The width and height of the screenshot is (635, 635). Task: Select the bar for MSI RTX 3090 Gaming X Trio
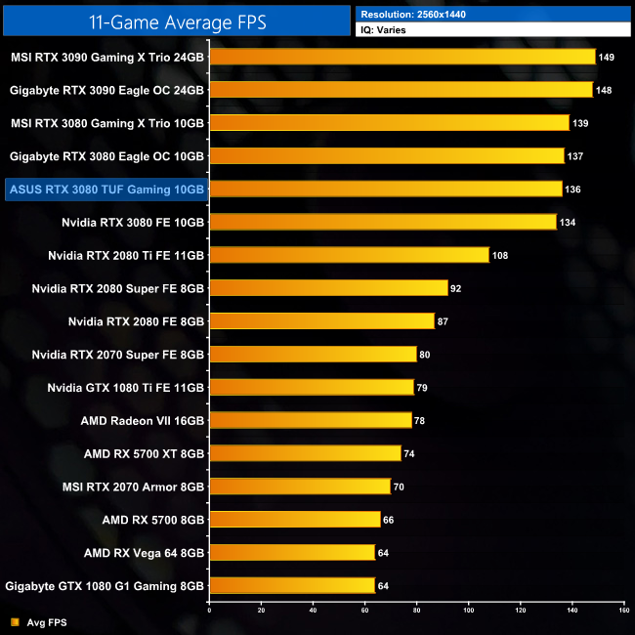[402, 57]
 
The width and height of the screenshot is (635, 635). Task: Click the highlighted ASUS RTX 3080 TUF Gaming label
[106, 189]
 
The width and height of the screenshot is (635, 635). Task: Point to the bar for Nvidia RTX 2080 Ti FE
[349, 255]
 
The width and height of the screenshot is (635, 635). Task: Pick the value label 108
[501, 255]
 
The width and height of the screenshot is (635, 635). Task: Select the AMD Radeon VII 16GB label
[143, 420]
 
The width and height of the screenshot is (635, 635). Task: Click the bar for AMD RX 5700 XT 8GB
[305, 453]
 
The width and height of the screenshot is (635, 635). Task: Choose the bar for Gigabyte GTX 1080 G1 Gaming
[292, 585]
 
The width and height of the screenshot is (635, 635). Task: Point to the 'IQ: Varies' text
[385, 30]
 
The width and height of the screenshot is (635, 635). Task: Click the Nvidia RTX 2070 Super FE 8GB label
[118, 354]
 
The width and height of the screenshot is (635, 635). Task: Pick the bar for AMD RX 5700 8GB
[294, 519]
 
